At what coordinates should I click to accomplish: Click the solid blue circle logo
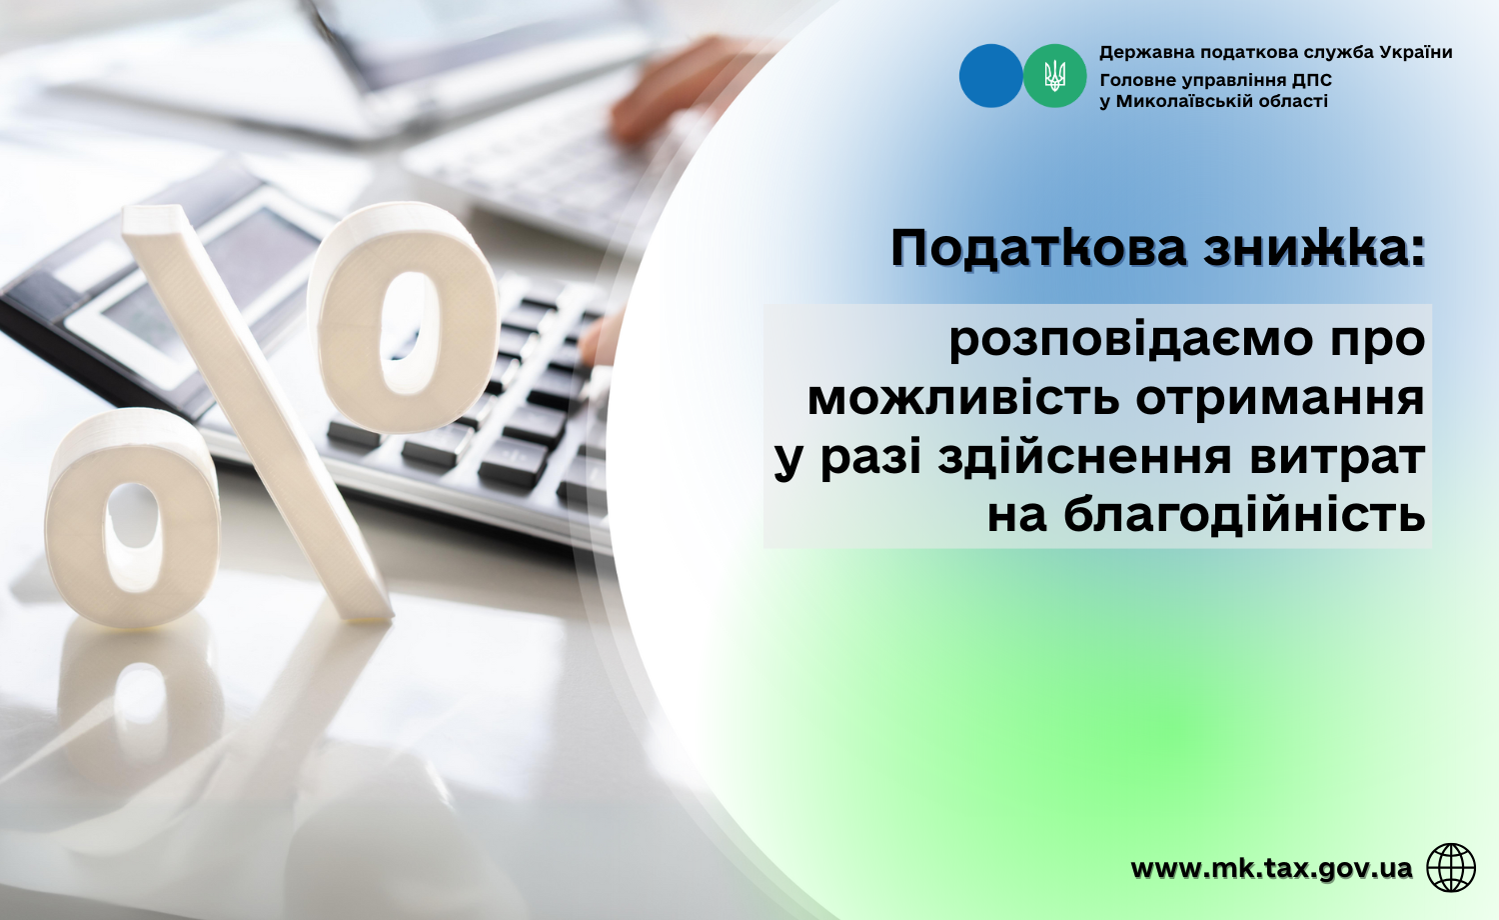[x=990, y=76]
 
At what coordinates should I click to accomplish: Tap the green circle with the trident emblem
[x=1054, y=76]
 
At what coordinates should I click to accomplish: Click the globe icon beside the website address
[x=1451, y=868]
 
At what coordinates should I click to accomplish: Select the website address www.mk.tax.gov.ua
[x=1271, y=868]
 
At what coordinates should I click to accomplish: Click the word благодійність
[x=1244, y=516]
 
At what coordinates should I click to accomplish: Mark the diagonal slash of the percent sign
[x=258, y=413]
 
